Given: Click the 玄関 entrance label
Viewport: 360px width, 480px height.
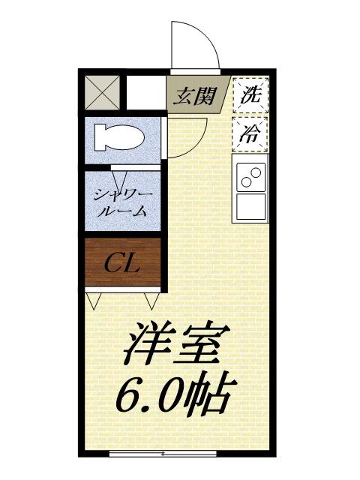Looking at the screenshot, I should [196, 95].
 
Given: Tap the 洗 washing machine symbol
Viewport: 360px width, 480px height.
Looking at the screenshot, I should [250, 95].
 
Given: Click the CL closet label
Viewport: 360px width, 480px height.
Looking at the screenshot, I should [123, 262].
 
